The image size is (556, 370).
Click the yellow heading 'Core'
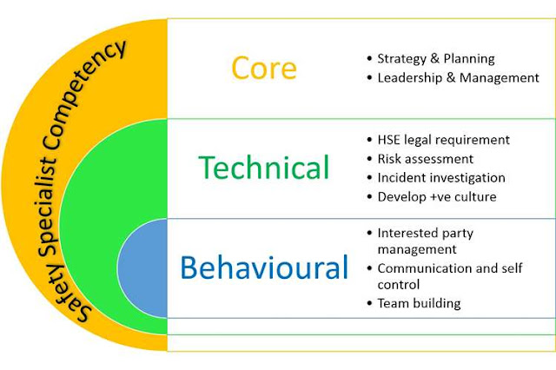pos(265,69)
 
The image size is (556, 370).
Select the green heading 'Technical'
pos(263,167)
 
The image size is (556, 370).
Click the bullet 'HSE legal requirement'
pos(443,140)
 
